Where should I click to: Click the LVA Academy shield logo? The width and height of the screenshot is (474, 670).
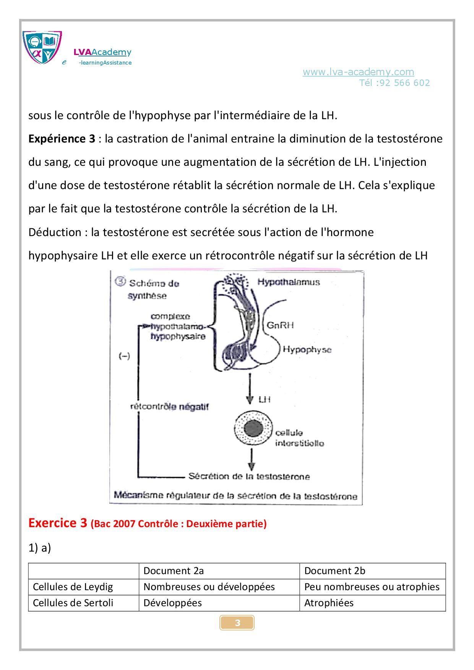tap(42, 47)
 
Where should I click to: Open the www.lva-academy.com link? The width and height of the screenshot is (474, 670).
tap(358, 72)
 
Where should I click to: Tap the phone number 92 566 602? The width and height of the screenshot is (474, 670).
tap(405, 83)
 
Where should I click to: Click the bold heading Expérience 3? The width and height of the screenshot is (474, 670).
tap(62, 139)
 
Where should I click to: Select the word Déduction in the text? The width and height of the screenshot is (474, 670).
tap(55, 232)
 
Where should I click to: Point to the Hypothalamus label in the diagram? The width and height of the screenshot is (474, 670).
tap(288, 282)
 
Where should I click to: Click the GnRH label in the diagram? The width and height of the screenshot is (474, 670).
tap(280, 325)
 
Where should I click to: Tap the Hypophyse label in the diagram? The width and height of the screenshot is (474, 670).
tap(307, 350)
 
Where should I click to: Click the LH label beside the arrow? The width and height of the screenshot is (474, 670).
tap(265, 399)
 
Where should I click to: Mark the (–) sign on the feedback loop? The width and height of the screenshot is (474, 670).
tap(124, 356)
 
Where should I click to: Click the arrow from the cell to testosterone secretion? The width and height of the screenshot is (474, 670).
tap(251, 459)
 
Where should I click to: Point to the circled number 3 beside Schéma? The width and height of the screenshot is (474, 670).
tap(120, 282)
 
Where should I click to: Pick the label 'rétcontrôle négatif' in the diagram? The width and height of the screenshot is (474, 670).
tap(169, 407)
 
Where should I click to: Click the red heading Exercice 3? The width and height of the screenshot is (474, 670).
tap(58, 523)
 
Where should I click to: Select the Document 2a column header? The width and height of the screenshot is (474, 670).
tap(174, 571)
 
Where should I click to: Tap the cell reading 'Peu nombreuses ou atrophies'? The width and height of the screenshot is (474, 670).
tap(372, 587)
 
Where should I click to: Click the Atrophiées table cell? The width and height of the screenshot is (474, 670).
tap(329, 603)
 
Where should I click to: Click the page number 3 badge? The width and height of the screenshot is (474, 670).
tap(237, 623)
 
